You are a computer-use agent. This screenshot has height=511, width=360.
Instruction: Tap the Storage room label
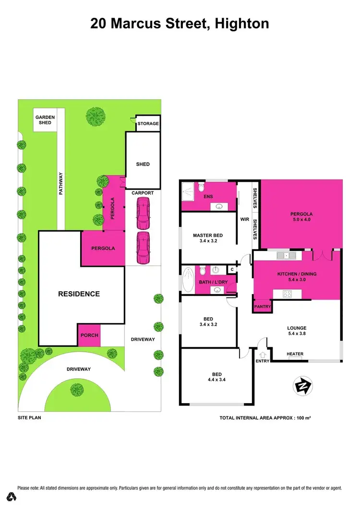(148, 124)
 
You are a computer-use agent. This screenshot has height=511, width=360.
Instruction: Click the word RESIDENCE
(79, 294)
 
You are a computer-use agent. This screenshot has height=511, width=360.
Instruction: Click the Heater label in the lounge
(295, 354)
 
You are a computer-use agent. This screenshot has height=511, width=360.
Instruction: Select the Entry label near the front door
(263, 361)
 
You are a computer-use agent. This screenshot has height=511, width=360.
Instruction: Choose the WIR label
(244, 219)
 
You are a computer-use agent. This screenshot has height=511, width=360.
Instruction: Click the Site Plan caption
(29, 418)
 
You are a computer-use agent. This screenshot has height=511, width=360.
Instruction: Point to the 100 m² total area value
(301, 418)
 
